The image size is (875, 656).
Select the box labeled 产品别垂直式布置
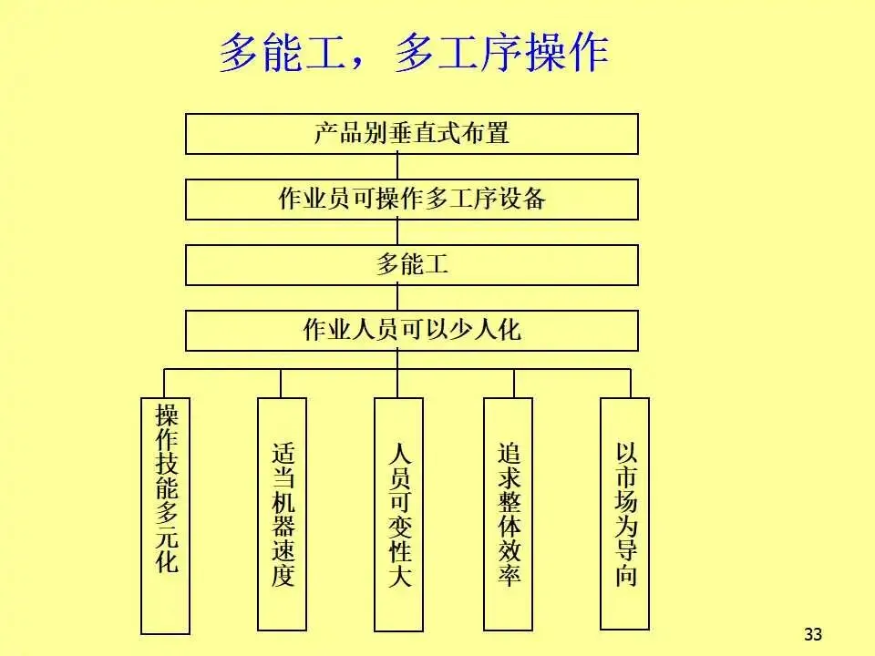pyautogui.click(x=412, y=134)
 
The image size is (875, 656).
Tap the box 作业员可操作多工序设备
pyautogui.click(x=412, y=199)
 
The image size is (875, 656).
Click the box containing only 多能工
pyautogui.click(x=412, y=265)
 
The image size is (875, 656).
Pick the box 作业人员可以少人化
pyautogui.click(x=412, y=330)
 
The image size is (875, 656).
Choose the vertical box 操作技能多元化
pyautogui.click(x=166, y=515)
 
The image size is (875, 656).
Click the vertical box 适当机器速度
pyautogui.click(x=283, y=514)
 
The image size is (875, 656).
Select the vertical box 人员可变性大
pyautogui.click(x=399, y=514)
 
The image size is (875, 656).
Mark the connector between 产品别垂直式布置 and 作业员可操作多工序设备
pyautogui.click(x=398, y=167)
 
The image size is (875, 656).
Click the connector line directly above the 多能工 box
pyautogui.click(x=398, y=232)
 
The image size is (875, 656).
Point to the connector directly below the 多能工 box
pyautogui.click(x=398, y=297)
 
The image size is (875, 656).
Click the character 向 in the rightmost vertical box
pyautogui.click(x=626, y=576)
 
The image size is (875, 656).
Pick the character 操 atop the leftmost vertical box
pyautogui.click(x=167, y=415)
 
